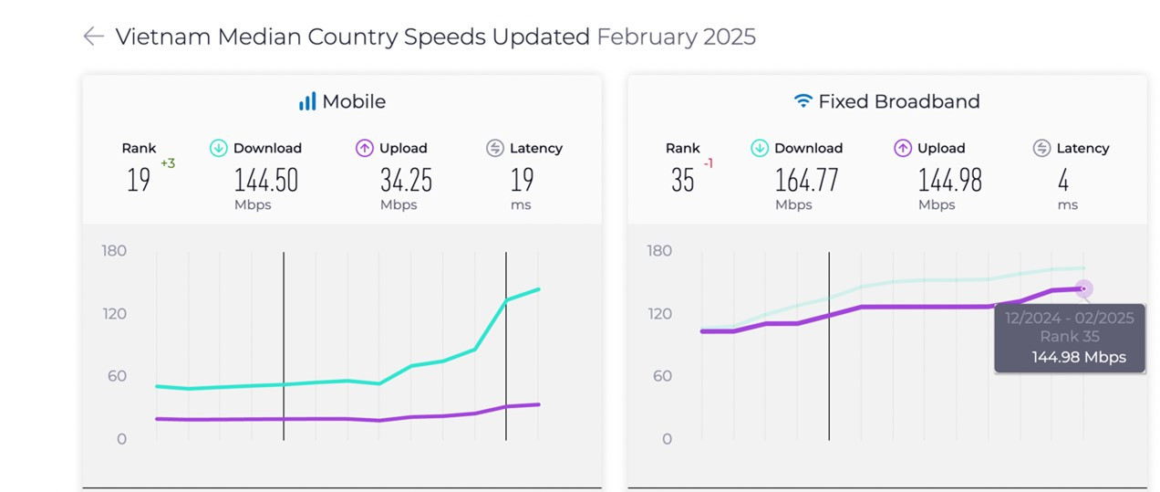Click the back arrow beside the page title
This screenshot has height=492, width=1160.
[x=93, y=37]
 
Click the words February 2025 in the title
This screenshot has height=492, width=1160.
[x=676, y=37]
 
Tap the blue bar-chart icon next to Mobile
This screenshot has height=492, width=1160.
[x=307, y=101]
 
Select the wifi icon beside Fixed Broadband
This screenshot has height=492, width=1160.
[x=803, y=101]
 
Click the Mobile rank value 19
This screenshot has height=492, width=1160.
[x=139, y=181]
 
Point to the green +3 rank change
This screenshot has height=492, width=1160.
[x=168, y=163]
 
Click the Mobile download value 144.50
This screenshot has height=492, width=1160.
[x=265, y=181]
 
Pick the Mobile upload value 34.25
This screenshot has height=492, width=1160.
[x=406, y=181]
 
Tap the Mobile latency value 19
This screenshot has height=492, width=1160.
[x=523, y=181]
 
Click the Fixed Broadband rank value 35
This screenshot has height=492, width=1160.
[x=682, y=181]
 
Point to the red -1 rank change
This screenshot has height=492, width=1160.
[x=708, y=163]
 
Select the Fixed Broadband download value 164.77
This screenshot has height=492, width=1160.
[x=806, y=181]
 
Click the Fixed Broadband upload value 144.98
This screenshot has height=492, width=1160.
[x=949, y=181]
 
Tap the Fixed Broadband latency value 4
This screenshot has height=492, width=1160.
[x=1063, y=181]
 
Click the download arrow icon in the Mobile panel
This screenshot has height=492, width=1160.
[x=218, y=148]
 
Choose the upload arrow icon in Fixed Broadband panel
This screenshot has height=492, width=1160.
[x=903, y=148]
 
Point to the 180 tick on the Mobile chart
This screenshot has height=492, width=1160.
[x=114, y=251]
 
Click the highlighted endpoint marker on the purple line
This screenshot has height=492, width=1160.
[x=1083, y=288]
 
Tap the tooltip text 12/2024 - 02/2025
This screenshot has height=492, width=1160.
[x=1069, y=318]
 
